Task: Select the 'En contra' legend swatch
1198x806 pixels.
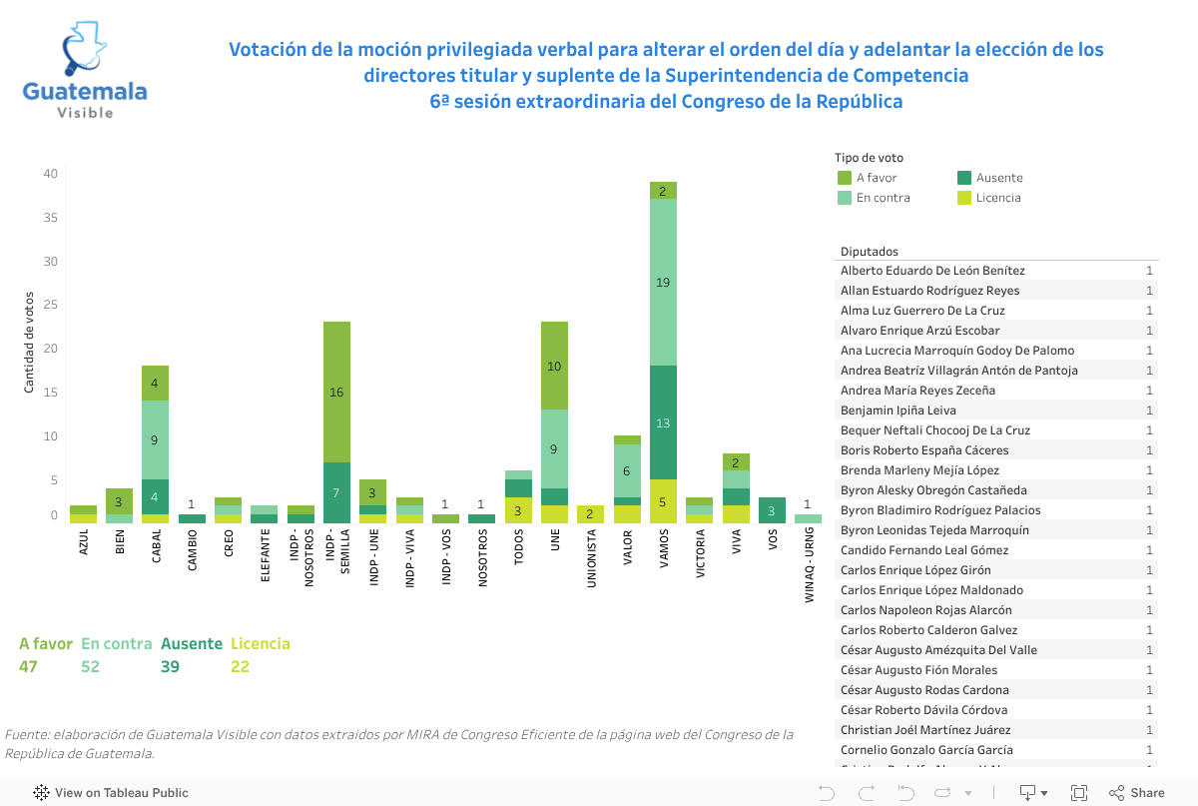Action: (845, 198)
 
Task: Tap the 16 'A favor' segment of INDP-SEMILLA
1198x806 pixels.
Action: (336, 392)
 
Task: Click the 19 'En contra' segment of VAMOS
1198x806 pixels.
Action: (663, 283)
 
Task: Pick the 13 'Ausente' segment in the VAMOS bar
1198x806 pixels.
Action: (663, 422)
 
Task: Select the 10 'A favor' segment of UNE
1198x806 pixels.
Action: (554, 367)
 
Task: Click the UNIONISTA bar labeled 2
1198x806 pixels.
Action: (590, 514)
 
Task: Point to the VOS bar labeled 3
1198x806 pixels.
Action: (772, 510)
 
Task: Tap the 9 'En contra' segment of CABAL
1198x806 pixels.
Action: (156, 439)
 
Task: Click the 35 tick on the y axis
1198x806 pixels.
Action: (50, 218)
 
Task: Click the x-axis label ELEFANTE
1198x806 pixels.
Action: (265, 555)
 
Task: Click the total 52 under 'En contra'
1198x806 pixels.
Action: (91, 666)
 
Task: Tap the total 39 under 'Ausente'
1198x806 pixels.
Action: (170, 666)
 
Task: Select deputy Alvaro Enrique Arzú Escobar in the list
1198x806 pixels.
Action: (919, 331)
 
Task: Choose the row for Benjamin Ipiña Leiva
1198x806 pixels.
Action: (898, 410)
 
